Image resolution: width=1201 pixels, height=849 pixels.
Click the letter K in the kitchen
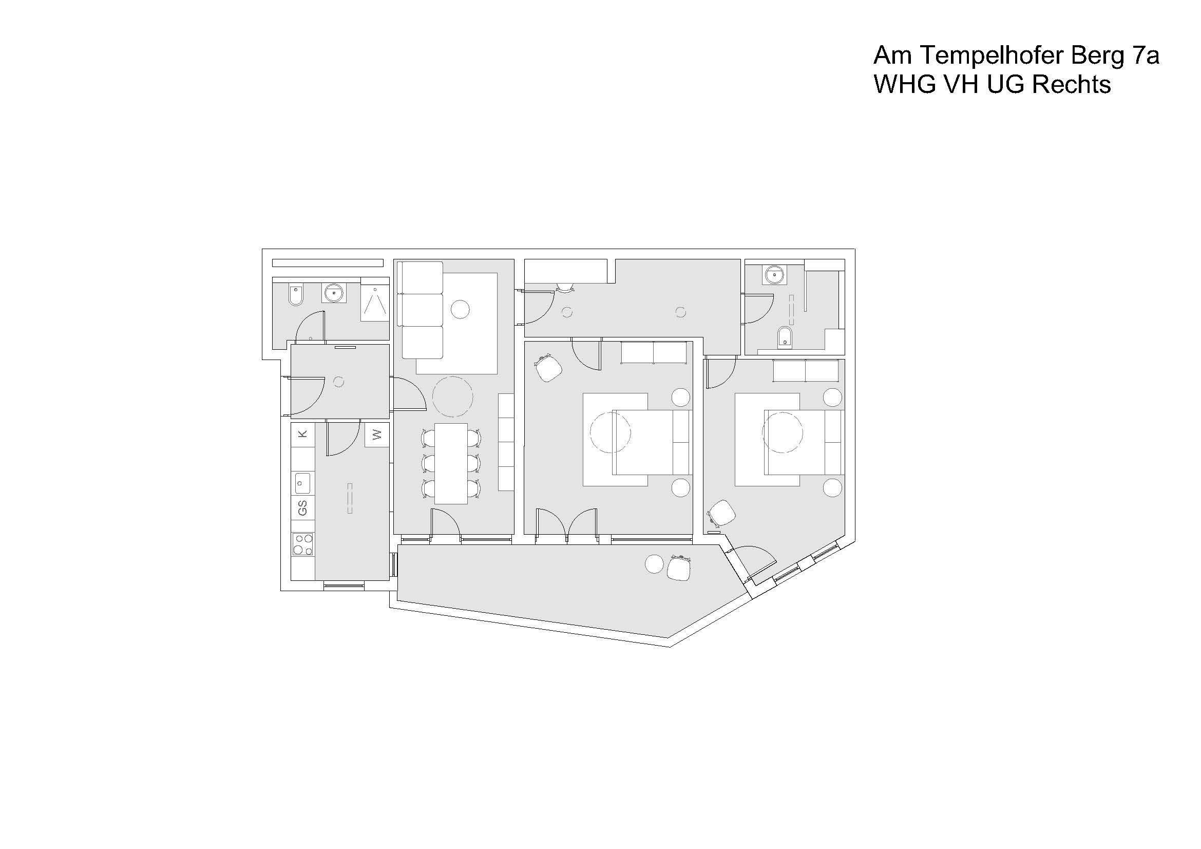click(x=302, y=433)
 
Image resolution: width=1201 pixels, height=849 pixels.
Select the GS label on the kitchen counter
click(x=302, y=507)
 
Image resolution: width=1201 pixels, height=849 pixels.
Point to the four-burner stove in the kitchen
click(x=303, y=543)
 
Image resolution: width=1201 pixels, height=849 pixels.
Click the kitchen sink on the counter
click(x=302, y=483)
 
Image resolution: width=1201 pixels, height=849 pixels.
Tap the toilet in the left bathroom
click(x=296, y=295)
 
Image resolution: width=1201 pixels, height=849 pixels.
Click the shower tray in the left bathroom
click(x=375, y=304)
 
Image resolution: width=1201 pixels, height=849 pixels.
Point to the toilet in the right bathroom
click(x=784, y=337)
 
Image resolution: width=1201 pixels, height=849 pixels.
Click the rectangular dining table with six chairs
click(x=451, y=463)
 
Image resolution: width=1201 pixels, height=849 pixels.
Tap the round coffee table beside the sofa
click(x=460, y=309)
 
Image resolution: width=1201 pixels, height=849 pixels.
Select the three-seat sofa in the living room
click(x=421, y=310)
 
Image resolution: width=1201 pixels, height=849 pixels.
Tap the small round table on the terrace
click(x=654, y=564)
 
